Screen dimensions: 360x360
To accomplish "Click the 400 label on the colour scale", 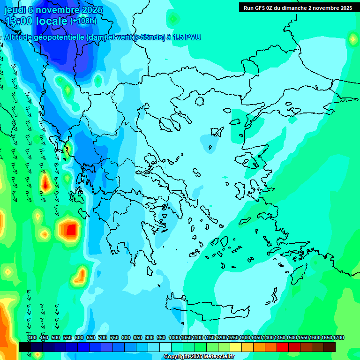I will click(x=32, y=337).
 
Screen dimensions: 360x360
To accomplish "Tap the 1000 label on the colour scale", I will click(x=174, y=337).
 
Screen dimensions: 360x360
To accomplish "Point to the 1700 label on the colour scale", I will click(x=338, y=337).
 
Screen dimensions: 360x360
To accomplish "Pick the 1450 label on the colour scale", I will click(x=280, y=337).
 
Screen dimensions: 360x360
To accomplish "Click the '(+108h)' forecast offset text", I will click(x=83, y=21).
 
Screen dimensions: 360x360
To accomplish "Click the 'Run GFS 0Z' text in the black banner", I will click(x=258, y=8).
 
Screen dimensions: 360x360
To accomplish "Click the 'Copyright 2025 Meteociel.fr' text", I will click(x=199, y=357).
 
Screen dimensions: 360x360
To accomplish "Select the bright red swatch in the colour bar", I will click(x=283, y=347).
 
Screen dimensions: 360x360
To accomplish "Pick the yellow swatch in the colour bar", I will click(x=236, y=347).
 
